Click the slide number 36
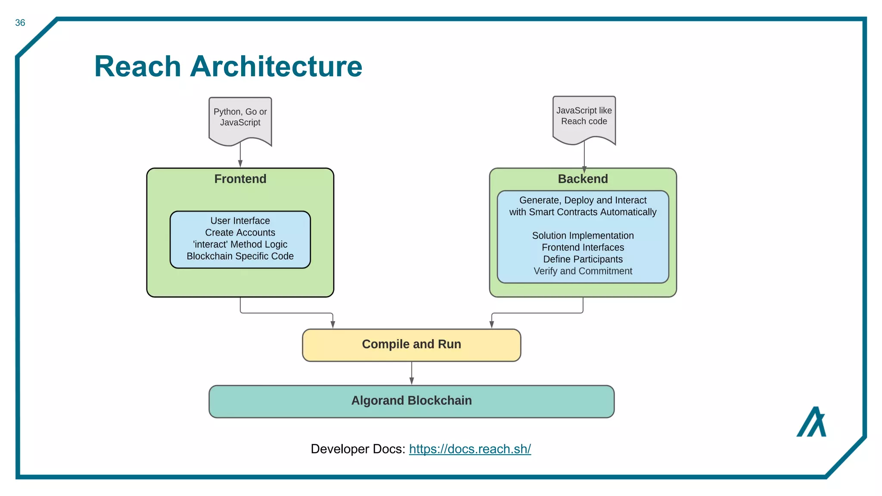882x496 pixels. [20, 23]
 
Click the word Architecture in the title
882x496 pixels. [276, 67]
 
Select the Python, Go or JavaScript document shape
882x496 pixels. [240, 119]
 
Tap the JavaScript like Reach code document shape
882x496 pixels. [584, 118]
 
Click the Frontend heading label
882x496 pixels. [240, 179]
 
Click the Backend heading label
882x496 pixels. [583, 179]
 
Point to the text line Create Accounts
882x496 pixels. [240, 232]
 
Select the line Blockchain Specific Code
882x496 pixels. [240, 256]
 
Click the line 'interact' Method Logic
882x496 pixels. [240, 245]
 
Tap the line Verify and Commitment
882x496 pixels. [583, 271]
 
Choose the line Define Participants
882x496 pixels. [583, 259]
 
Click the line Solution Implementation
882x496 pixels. [583, 236]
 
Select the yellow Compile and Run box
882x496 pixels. [411, 345]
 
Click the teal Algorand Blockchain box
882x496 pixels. [411, 401]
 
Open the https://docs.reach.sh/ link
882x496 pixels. [470, 449]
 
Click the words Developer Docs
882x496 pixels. [357, 449]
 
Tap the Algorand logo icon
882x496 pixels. [811, 422]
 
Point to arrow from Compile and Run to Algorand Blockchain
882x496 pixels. [412, 373]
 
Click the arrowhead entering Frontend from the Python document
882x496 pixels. [240, 164]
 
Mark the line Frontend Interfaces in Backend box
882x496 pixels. [583, 248]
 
